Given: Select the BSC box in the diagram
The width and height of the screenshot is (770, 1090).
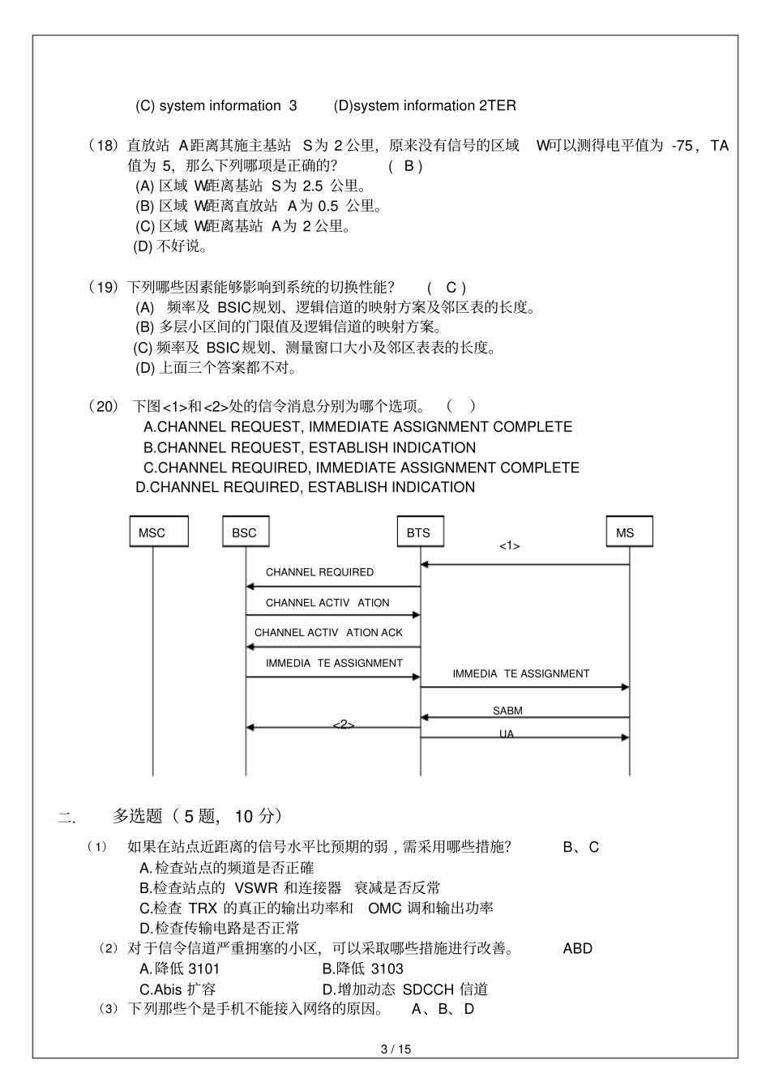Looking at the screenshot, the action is [x=245, y=532].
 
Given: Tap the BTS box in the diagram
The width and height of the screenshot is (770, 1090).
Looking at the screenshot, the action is [x=419, y=532].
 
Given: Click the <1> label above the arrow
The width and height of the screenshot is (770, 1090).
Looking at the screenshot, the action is [x=509, y=546].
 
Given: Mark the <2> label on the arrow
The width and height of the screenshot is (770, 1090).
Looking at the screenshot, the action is [x=344, y=725].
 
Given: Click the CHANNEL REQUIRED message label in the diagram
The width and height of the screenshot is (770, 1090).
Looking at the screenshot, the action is [x=319, y=572].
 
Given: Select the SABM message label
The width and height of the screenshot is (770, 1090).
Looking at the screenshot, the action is [x=507, y=711].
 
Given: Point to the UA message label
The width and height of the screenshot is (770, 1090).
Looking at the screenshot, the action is [x=507, y=734].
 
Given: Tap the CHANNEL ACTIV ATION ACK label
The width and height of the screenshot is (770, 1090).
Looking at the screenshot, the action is [x=328, y=632].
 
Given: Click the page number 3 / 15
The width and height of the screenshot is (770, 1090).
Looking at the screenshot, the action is [x=396, y=1049].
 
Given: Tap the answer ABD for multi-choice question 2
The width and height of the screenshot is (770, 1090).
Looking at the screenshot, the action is [x=577, y=948].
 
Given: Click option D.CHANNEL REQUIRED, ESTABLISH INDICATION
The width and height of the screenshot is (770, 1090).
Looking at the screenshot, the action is [x=305, y=487].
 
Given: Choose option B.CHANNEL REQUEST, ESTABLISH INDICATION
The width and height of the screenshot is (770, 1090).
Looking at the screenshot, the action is [x=310, y=447].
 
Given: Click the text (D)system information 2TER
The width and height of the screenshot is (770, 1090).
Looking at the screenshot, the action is [x=425, y=105].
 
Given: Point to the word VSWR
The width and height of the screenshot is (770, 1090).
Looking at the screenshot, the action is [x=255, y=888].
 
